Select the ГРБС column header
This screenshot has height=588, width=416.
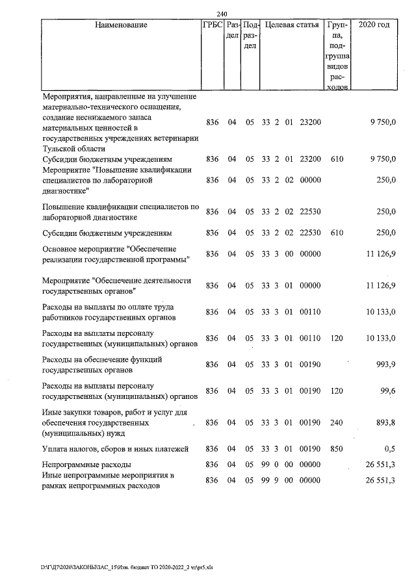click(213, 25)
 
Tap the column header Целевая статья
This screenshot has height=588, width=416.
click(292, 25)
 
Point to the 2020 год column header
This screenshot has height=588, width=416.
click(374, 25)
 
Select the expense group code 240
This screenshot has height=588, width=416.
click(336, 423)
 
